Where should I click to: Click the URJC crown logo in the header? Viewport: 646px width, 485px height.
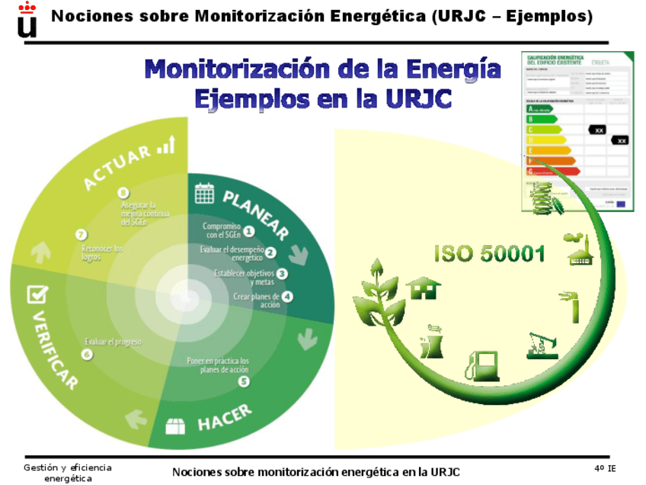pos(27,18)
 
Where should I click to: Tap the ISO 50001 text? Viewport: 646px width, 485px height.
pos(489,253)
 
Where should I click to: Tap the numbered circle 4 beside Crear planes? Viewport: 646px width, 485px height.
pos(287,296)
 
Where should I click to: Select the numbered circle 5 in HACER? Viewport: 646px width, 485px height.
pos(244,381)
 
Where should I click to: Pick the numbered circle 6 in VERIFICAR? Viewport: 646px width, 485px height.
pos(87,354)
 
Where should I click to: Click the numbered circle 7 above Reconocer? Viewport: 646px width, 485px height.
pos(81,235)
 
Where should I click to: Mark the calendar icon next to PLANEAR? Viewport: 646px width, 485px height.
pos(204,193)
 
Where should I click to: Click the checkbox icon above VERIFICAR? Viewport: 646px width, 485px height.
pos(37,294)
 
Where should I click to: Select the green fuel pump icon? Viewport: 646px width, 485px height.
pos(483,365)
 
